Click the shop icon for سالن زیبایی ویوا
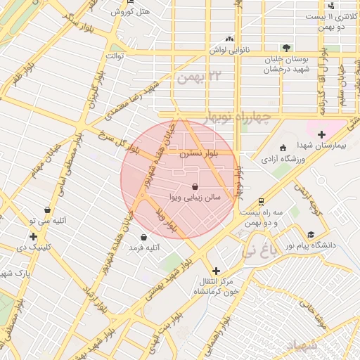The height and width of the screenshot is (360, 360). [x=193, y=186]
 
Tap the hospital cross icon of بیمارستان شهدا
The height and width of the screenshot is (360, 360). [x=321, y=134]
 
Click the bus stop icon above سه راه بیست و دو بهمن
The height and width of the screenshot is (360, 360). [x=261, y=200]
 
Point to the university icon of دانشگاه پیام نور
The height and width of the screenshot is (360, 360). [x=310, y=235]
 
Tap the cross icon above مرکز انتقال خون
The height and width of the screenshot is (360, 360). [x=215, y=270]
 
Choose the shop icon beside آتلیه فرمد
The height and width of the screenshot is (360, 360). [x=144, y=237]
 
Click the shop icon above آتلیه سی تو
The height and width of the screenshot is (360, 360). [x=47, y=209]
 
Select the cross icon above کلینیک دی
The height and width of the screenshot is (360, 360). [x=33, y=236]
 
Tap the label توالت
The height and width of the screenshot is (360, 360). [x=115, y=55]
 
